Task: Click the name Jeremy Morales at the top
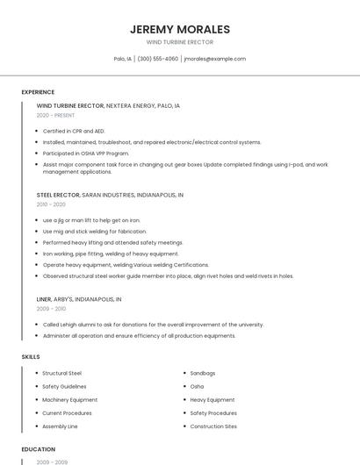(179, 29)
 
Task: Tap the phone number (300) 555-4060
(157, 59)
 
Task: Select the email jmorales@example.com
(215, 59)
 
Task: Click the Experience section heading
(38, 92)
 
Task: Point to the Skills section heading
(31, 357)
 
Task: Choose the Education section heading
(38, 449)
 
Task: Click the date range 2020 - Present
(56, 115)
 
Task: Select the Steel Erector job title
(58, 194)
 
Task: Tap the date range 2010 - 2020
(51, 204)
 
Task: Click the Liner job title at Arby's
(44, 299)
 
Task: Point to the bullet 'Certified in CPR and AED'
(74, 131)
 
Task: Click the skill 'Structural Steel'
(61, 373)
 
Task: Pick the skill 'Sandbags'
(202, 373)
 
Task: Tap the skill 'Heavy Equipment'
(212, 399)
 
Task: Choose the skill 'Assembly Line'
(60, 426)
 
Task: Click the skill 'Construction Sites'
(213, 426)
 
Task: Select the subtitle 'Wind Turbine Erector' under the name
(179, 42)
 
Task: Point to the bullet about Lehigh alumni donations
(153, 324)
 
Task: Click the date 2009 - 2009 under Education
(51, 461)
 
